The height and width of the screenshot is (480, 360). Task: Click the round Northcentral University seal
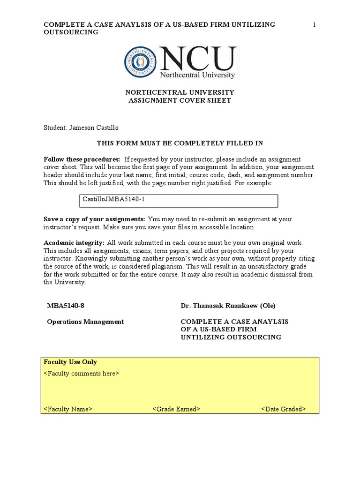coord(140,63)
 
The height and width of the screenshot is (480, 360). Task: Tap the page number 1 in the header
coord(315,25)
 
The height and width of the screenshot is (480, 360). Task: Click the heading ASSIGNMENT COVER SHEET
coord(180,101)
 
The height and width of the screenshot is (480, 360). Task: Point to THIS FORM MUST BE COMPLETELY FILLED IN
coord(180,143)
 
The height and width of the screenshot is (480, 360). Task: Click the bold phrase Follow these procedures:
coord(82,159)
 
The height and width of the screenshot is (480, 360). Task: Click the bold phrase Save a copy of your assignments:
coord(94,219)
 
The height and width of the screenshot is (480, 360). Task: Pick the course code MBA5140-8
coord(66,306)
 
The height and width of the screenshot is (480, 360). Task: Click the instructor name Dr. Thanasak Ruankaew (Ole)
coord(228,306)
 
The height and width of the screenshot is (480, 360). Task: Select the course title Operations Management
coord(86,322)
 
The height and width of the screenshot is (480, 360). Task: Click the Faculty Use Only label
coord(70,362)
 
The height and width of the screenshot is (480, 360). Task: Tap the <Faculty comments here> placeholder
coord(81,374)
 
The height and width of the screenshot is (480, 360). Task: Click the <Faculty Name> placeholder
coord(68,409)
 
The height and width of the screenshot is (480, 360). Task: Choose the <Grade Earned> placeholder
coord(176,409)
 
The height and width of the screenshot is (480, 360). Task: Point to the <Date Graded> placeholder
coord(284,409)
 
